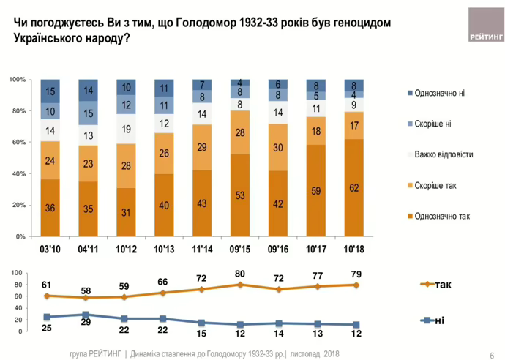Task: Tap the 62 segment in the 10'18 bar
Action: coord(353,188)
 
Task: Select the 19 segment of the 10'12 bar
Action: coord(127,129)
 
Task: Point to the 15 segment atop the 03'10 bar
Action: coord(50,91)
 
